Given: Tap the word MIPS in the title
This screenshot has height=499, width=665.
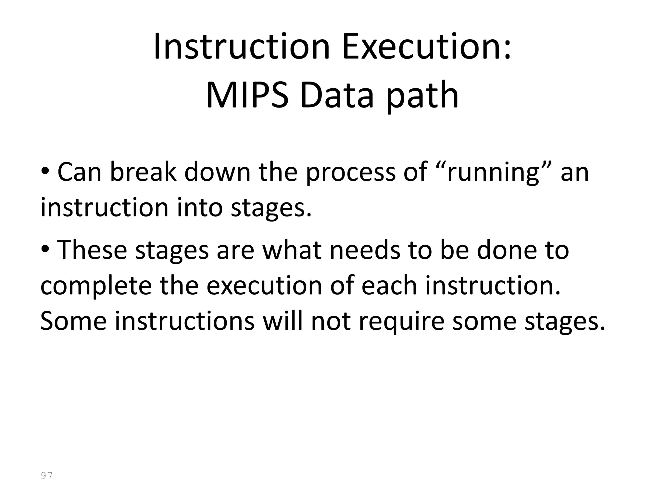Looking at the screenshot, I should [247, 96].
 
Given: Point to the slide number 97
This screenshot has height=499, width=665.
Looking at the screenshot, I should [46, 476].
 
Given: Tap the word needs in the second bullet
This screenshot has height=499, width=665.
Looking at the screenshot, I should [365, 250].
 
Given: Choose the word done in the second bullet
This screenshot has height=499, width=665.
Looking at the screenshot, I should [505, 250].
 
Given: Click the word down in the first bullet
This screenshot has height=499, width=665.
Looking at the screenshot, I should [218, 172].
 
